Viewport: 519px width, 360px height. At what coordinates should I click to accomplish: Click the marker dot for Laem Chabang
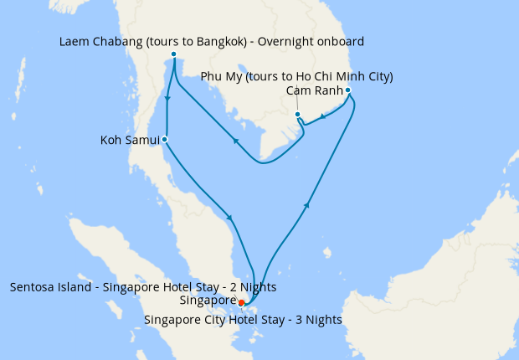coord(173,55)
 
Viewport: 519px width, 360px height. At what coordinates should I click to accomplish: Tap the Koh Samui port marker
coord(165,139)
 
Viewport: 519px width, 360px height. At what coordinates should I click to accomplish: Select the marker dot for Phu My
coord(297,115)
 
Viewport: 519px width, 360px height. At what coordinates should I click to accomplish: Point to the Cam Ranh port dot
coord(347,90)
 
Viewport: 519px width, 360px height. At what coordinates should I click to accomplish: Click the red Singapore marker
coord(241,302)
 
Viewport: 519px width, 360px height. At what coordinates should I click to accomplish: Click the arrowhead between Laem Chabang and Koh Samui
coord(169,99)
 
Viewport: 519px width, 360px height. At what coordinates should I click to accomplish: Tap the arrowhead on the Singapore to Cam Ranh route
coord(309,204)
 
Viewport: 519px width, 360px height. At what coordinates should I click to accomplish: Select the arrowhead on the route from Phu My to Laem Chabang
coord(235,141)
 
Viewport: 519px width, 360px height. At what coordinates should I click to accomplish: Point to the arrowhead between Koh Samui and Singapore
coord(229,219)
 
